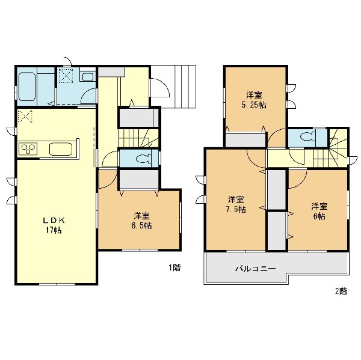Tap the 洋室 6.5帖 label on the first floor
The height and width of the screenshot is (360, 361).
[x=141, y=221]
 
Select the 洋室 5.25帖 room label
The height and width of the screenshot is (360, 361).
[x=254, y=100]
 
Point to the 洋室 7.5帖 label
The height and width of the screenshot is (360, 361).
[x=236, y=204]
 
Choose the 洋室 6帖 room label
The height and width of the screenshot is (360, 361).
[x=319, y=211]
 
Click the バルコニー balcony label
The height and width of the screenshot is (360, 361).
[x=255, y=269]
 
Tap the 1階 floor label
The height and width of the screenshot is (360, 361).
[x=174, y=267]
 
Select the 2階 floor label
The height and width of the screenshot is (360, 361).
[x=341, y=291]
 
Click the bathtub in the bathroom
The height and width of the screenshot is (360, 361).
[x=27, y=87]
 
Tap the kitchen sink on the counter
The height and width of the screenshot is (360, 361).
[x=61, y=149]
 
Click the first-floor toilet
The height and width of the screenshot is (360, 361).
[x=144, y=159]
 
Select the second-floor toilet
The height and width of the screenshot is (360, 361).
[x=308, y=137]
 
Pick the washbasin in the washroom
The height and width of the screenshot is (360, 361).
[x=88, y=76]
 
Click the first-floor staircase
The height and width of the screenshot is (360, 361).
[x=138, y=138]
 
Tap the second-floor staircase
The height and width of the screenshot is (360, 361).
[x=330, y=148]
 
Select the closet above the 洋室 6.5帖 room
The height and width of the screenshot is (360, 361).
[x=139, y=180]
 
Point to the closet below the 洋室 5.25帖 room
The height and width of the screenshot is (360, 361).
[x=245, y=140]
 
